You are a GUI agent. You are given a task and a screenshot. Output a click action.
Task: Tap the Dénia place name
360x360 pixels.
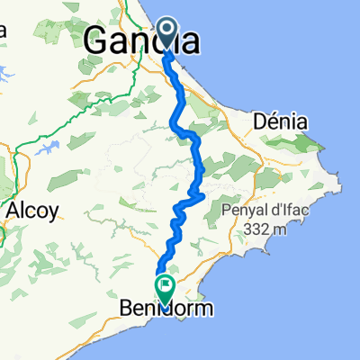pos(281,121)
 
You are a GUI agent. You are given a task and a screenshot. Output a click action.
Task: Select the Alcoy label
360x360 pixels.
pos(32,211)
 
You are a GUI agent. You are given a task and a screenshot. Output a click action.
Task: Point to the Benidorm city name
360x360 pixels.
pos(167,309)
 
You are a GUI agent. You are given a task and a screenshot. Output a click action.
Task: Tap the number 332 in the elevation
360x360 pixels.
pos(255,229)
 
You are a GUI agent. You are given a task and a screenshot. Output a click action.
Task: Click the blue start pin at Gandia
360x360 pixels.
pos(168,34)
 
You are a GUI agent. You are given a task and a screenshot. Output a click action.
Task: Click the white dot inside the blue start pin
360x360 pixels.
pos(168,29)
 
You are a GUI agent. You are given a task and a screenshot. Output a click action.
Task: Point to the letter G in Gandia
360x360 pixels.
pos(98,40)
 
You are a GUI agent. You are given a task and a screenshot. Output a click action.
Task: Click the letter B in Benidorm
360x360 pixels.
pos(126,309)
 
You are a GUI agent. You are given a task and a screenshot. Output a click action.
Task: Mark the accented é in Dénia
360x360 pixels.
pos(271,121)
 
